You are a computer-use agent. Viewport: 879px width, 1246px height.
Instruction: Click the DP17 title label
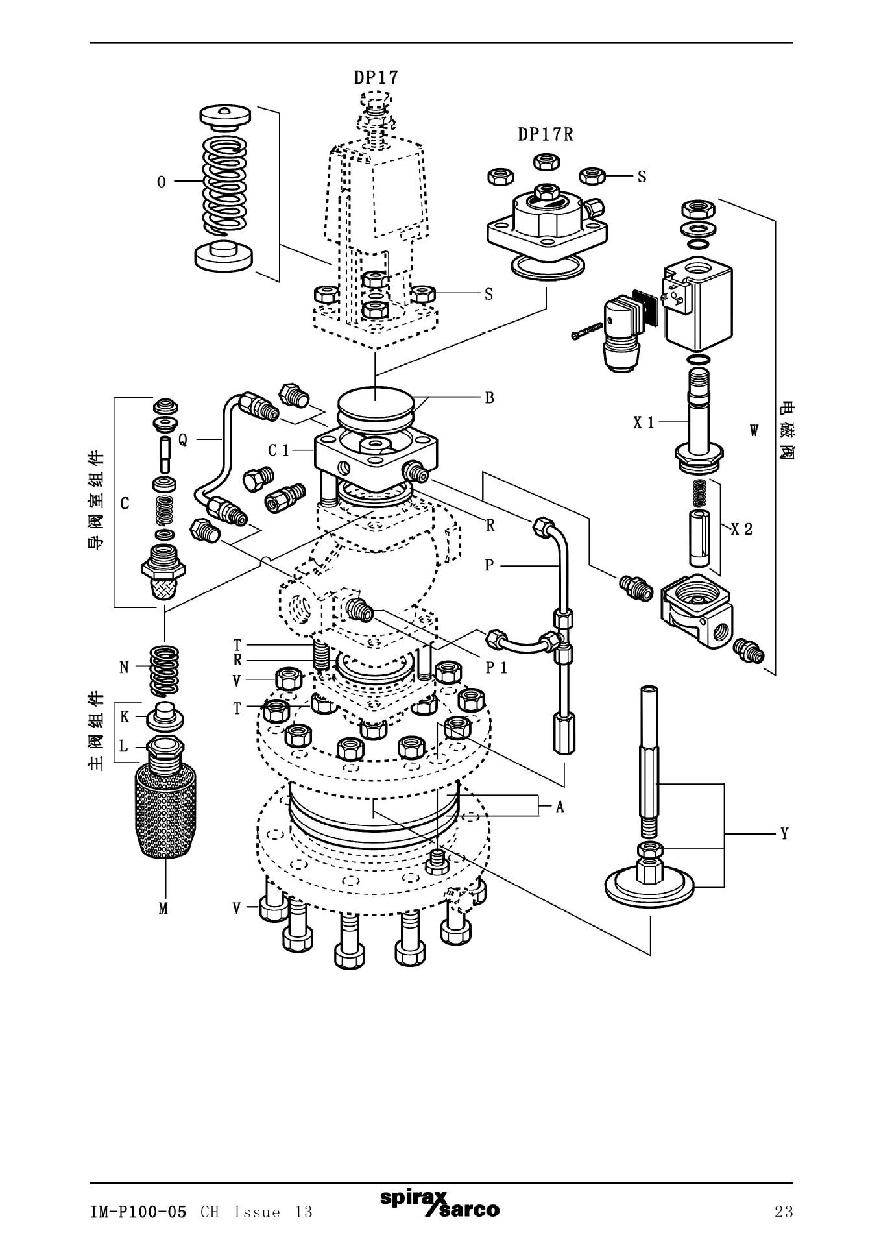(x=376, y=77)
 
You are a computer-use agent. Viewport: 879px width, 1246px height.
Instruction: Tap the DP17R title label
(x=545, y=134)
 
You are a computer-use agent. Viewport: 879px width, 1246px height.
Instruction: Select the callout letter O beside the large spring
(x=162, y=182)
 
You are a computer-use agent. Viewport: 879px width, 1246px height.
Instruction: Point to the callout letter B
(x=490, y=397)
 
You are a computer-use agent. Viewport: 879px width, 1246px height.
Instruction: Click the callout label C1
(x=279, y=450)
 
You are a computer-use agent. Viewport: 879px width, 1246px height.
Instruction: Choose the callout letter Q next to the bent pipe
(x=183, y=440)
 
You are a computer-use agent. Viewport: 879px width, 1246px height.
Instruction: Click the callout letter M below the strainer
(x=163, y=909)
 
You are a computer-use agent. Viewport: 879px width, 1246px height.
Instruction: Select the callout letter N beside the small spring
(x=125, y=667)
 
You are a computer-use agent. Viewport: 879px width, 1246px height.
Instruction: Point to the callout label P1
(x=496, y=668)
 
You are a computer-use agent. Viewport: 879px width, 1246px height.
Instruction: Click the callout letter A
(x=560, y=807)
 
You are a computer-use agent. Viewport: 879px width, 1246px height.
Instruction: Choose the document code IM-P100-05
(x=138, y=1212)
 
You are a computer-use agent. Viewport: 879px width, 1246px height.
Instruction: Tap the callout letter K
(x=125, y=716)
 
